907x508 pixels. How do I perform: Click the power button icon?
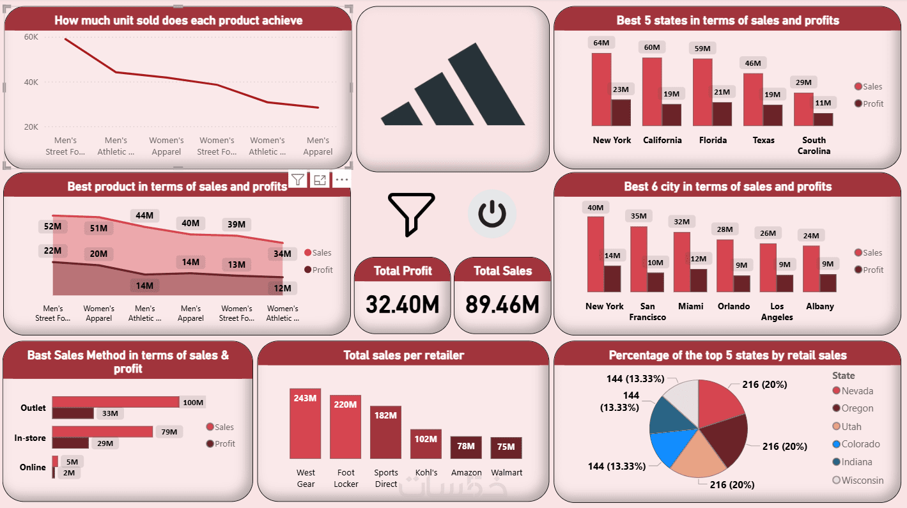[492, 214]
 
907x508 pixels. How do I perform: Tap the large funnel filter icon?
[411, 213]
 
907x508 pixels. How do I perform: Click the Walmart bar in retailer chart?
[506, 447]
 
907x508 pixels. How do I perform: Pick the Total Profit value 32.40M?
[403, 304]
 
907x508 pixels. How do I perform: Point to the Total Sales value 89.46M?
[502, 304]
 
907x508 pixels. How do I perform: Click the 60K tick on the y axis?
[31, 37]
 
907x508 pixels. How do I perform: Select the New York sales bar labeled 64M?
[601, 89]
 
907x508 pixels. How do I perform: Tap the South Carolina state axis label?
[814, 146]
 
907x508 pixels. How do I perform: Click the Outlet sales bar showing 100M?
[115, 402]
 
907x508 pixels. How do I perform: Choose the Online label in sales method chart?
[33, 467]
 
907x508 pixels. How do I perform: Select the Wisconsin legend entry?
[862, 480]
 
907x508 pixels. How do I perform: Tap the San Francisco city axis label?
[647, 311]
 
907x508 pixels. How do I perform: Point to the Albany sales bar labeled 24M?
[811, 268]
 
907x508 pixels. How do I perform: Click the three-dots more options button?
[342, 180]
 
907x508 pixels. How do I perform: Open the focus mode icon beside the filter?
[320, 180]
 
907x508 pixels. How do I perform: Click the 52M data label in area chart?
[53, 226]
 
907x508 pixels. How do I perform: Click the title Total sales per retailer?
[403, 355]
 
